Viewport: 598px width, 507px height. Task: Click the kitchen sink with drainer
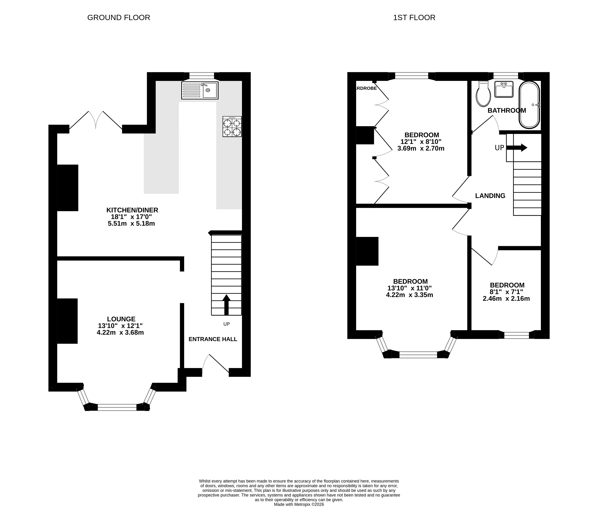coord(200,90)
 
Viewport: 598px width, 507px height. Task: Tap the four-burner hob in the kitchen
coord(232,126)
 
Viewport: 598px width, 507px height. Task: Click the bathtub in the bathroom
coord(529,105)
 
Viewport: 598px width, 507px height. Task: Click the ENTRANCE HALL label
coord(213,339)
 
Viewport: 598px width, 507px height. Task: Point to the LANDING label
coord(490,196)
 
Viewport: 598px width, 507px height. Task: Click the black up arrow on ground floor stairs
coord(226,305)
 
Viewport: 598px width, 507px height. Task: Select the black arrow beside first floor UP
coord(517,148)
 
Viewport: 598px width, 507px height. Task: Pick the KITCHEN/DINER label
coord(132,210)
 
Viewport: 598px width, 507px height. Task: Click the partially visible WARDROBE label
coord(366,88)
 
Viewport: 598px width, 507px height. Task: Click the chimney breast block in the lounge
coord(67,321)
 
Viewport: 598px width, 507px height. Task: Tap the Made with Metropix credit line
coord(299,504)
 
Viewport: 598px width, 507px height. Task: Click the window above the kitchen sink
coord(202,76)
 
